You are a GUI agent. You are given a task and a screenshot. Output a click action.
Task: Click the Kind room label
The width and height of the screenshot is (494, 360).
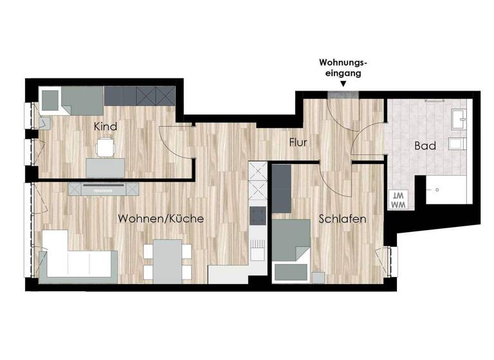[105, 127]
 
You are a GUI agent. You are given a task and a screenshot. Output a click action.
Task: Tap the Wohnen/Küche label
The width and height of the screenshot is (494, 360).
[161, 219]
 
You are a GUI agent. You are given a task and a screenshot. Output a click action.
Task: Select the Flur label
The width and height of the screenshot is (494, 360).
[298, 142]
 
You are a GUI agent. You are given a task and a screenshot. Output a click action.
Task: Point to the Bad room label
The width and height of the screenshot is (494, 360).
[425, 146]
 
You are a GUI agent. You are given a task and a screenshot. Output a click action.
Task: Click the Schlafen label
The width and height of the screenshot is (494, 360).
[343, 219]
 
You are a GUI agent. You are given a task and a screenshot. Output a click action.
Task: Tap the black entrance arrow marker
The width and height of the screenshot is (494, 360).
[343, 84]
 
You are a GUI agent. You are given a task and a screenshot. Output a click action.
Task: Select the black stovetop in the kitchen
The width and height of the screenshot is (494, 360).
[257, 216]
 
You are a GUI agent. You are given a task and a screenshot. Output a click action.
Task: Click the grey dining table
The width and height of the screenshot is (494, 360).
[167, 260]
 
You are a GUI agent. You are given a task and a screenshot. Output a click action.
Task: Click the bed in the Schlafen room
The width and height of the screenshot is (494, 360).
[291, 248]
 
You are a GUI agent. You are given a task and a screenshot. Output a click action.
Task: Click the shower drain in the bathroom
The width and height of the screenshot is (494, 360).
[437, 190]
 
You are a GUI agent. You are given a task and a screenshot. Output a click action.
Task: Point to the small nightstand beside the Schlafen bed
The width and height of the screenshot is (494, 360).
[318, 277]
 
